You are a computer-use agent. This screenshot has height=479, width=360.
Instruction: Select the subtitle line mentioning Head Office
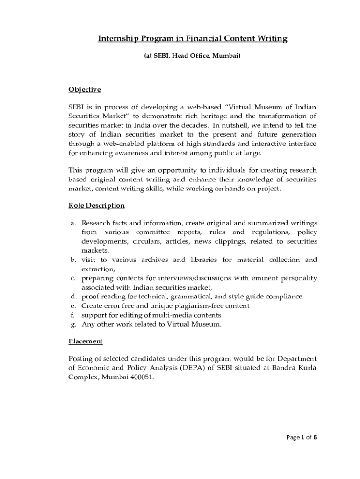click(192, 56)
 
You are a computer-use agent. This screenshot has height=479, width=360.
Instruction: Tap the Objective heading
click(85, 89)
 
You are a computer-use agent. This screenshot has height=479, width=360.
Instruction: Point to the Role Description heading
click(96, 206)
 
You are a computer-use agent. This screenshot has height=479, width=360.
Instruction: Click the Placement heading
click(86, 341)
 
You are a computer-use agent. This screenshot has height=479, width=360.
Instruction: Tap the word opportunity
click(159, 170)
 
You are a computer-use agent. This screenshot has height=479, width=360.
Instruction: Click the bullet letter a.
click(73, 223)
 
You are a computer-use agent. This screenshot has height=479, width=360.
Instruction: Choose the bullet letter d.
click(73, 297)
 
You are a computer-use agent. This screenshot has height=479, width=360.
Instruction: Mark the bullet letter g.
click(73, 324)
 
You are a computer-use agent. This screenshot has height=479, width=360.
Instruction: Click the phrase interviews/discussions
click(191, 278)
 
